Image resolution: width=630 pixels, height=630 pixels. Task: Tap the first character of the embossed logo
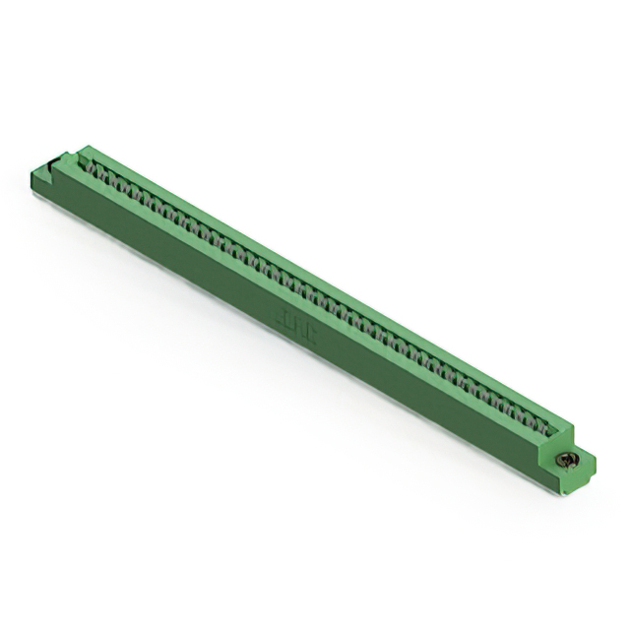280,317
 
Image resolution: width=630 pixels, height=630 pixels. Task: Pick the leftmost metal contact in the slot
99,170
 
